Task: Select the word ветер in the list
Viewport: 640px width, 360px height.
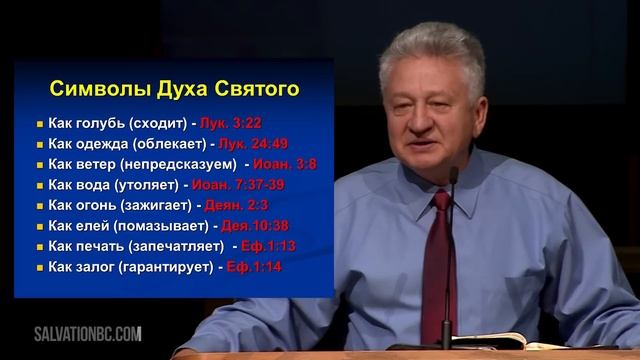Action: (x=99, y=164)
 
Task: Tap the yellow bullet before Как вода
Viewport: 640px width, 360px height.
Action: (x=38, y=185)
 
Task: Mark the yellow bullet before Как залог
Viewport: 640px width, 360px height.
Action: (x=38, y=267)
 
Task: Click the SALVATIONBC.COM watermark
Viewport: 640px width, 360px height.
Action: (x=88, y=333)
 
